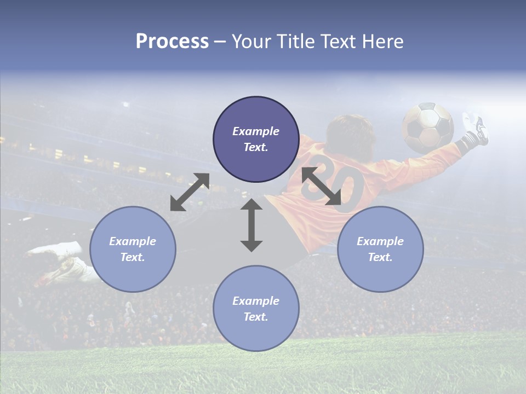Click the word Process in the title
(x=172, y=42)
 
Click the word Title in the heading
(x=294, y=42)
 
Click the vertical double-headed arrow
(x=251, y=225)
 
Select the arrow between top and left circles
(x=190, y=192)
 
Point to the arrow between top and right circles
(x=322, y=186)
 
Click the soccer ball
(x=428, y=128)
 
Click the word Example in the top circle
(x=256, y=131)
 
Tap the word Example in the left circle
(x=133, y=241)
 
